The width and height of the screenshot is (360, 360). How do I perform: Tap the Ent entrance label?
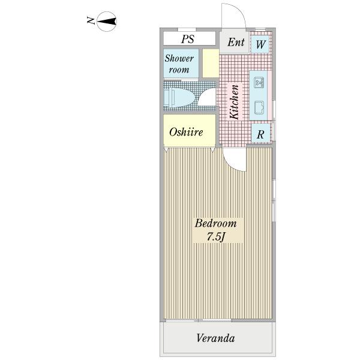point(236,43)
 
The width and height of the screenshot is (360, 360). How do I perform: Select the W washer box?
point(261,44)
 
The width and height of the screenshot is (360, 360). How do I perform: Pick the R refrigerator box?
point(260,134)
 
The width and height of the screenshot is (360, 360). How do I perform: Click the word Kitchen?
point(235,102)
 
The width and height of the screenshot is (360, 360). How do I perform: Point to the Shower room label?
point(179,64)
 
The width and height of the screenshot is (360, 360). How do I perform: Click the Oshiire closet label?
point(185,132)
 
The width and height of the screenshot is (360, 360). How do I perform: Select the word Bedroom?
point(215,224)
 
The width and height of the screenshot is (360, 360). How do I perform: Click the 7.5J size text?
point(215,236)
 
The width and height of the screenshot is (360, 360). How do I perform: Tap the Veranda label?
point(215,338)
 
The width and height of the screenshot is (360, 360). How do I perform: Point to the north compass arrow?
point(107,23)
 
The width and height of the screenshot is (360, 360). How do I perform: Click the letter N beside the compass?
point(91,22)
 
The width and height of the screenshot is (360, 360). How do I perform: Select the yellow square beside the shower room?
point(210,64)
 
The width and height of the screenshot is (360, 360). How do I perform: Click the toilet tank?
point(167,95)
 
